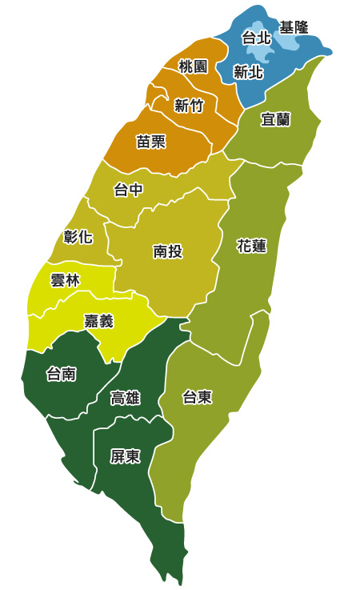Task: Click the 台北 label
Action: click(x=256, y=38)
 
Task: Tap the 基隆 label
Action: click(x=294, y=28)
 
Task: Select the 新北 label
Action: click(x=248, y=72)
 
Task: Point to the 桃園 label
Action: click(x=193, y=66)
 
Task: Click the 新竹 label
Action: click(x=189, y=106)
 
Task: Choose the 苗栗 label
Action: click(x=151, y=142)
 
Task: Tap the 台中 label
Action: click(x=128, y=190)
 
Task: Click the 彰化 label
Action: click(x=78, y=236)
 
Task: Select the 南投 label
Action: click(x=167, y=251)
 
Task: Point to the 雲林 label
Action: click(x=64, y=280)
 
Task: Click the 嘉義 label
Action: click(x=98, y=321)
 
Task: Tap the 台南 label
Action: click(x=62, y=373)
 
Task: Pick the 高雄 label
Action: click(x=126, y=398)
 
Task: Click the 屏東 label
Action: click(x=126, y=457)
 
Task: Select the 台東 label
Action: click(x=197, y=396)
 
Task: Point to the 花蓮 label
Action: click(x=251, y=246)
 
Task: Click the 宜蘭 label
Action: click(x=276, y=119)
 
